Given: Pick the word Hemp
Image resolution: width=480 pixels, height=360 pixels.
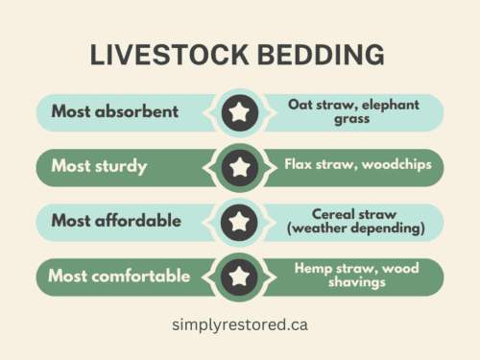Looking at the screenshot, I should [x=313, y=269].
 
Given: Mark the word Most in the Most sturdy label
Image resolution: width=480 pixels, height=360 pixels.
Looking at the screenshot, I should [x=71, y=167].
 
